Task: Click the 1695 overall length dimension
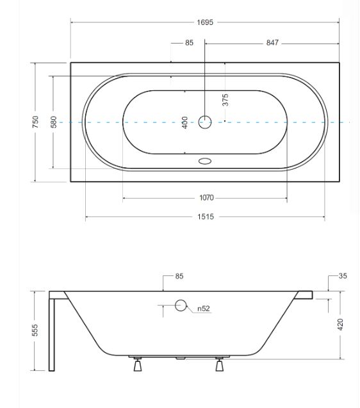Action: [x=205, y=22]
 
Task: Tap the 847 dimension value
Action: [x=272, y=43]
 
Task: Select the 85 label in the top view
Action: [x=189, y=43]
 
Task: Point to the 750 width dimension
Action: [x=35, y=122]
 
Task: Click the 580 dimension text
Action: [x=53, y=122]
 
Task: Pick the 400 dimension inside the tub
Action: [x=184, y=122]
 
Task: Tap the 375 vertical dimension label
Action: [x=225, y=100]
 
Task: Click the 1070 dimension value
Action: [x=206, y=198]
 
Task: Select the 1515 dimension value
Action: [x=206, y=216]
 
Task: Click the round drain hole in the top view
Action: [x=205, y=122]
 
